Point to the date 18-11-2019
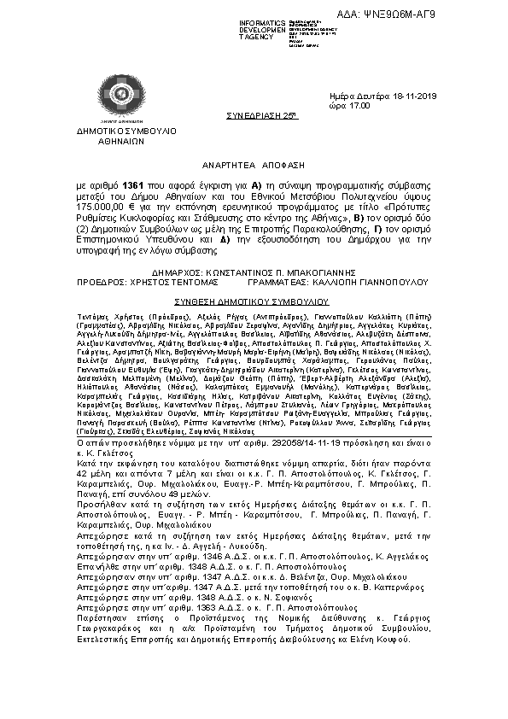(x=406, y=98)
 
